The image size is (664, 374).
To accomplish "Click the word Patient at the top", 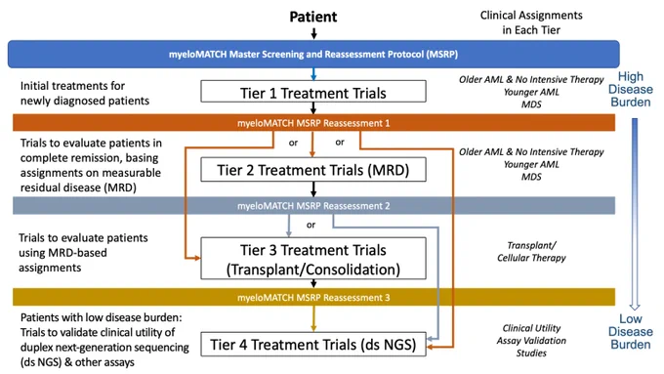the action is point(312,17).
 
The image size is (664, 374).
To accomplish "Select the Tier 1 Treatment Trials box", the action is point(313,92).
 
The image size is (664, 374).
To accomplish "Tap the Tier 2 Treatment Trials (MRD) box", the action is point(313,170).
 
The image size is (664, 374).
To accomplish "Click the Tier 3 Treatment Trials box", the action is point(313,259).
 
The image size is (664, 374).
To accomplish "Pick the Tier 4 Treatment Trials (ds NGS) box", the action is point(313,345).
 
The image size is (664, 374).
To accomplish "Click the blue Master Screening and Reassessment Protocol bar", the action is point(313,55).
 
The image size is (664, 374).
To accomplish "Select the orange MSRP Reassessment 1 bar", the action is point(313,123).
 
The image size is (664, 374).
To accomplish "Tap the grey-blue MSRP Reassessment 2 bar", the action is point(313,206).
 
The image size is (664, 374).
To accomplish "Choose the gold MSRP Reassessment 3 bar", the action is point(313,297).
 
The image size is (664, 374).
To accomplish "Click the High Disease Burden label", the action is point(631,90).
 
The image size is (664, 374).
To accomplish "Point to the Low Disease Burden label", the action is point(631,332).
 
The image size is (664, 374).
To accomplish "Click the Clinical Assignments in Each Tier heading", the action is point(531,22).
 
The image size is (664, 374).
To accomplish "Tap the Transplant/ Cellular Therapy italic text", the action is point(531,252).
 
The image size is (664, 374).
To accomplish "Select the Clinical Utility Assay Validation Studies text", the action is point(531,341).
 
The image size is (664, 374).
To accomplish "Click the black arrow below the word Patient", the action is point(313,33).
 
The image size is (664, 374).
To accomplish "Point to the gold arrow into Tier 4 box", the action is point(313,318).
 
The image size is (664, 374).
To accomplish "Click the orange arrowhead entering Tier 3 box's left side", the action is point(197,258).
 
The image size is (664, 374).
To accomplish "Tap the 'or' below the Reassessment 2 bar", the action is point(311,225).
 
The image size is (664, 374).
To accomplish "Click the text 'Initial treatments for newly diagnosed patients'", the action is point(85,93).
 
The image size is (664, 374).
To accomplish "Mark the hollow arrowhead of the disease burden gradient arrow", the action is point(635,307).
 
